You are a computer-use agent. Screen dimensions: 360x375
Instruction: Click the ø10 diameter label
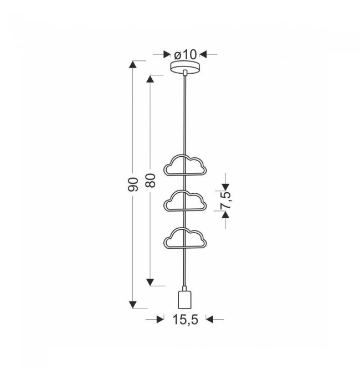pos(186,54)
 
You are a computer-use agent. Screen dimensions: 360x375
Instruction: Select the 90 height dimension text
pos(133,184)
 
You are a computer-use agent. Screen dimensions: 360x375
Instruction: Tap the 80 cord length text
pos(151,181)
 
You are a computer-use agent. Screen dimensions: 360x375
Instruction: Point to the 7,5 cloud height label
pos(226,201)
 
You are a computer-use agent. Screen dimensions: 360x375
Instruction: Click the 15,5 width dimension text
pos(186,319)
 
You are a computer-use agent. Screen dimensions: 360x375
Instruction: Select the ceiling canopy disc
pos(186,66)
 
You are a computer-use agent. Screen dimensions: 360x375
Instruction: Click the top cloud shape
pos(185,165)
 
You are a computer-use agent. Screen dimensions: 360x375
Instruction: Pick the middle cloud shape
pos(185,201)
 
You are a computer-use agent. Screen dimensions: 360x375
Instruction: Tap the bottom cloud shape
pos(185,238)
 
